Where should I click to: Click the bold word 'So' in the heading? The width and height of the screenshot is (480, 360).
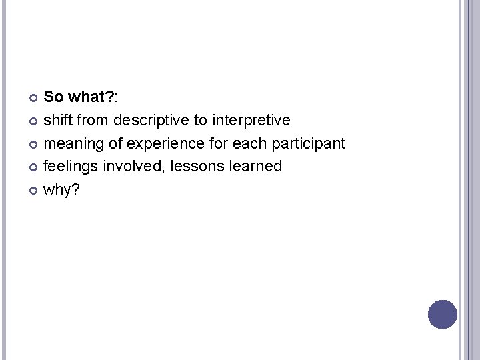53,97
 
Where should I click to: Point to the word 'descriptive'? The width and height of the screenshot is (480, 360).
150,121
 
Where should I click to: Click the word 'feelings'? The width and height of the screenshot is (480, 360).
71,167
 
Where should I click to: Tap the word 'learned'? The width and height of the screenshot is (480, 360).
256,166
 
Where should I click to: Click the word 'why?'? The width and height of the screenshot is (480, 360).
61,189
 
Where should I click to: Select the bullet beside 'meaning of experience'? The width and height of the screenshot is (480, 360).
35,144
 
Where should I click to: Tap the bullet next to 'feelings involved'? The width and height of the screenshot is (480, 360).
35,167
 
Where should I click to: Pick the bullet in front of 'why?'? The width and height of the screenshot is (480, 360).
35,190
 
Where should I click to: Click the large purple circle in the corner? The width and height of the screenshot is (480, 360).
443,315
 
